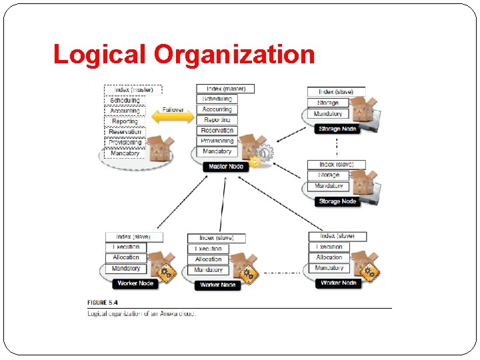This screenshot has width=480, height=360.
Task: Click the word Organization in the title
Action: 234,54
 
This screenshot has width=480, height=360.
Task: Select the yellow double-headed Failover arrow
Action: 173,118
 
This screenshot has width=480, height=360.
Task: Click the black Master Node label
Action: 225,166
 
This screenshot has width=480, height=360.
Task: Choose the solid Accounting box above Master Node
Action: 217,109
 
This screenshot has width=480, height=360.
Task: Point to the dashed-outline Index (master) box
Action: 133,89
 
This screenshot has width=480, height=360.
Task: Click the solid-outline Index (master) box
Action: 225,89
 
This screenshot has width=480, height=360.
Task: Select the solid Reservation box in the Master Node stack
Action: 217,131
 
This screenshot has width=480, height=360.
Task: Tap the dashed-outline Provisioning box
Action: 125,142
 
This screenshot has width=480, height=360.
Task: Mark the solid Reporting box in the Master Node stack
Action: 217,120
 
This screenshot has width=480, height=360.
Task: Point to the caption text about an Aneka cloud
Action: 142,313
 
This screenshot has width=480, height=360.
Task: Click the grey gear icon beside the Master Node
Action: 265,153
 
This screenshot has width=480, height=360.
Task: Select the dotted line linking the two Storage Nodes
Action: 337,145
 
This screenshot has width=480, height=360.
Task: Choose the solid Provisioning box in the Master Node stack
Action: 217,141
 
